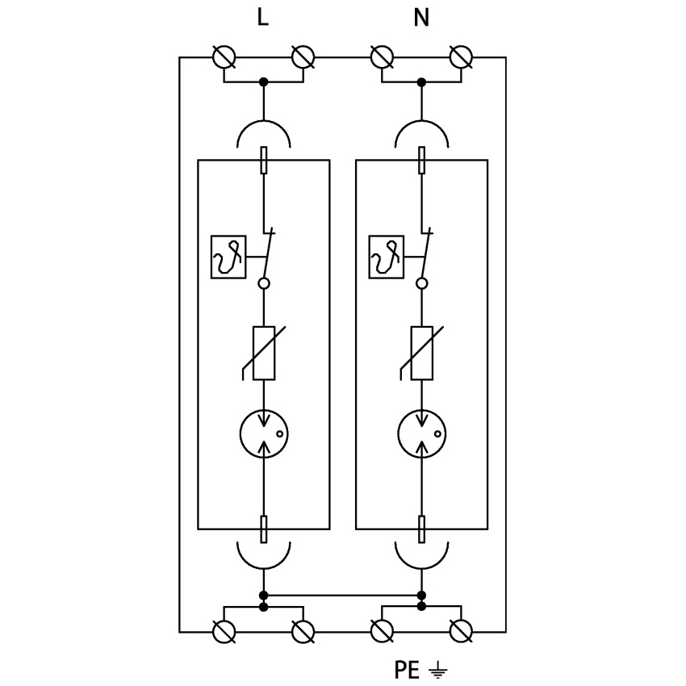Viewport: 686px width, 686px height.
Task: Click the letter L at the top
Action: pyautogui.click(x=262, y=18)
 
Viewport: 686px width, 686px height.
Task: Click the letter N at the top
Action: pyautogui.click(x=420, y=18)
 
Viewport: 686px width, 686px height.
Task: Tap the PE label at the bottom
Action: pyautogui.click(x=408, y=669)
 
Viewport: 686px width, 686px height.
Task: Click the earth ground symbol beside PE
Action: pyautogui.click(x=437, y=669)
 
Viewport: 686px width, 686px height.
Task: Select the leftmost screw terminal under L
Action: pyautogui.click(x=224, y=57)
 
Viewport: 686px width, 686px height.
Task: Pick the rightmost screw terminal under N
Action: pyautogui.click(x=460, y=57)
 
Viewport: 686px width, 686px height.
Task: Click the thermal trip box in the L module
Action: pyautogui.click(x=228, y=257)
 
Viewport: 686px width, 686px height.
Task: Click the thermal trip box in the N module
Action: pyautogui.click(x=387, y=257)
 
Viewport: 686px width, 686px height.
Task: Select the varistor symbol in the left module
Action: pyautogui.click(x=265, y=353)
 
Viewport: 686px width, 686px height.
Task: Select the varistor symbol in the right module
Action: pyautogui.click(x=422, y=353)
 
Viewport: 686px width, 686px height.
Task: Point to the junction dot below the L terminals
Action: pyautogui.click(x=263, y=82)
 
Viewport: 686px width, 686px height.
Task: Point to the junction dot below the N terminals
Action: pyautogui.click(x=421, y=82)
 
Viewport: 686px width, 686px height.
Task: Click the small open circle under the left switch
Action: pyautogui.click(x=263, y=283)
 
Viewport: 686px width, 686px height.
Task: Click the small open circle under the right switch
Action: pyautogui.click(x=421, y=283)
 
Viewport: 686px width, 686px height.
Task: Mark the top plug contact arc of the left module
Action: pyautogui.click(x=263, y=132)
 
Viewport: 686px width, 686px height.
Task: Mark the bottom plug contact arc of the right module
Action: pyautogui.click(x=421, y=555)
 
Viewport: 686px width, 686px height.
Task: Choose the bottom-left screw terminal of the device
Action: pyautogui.click(x=224, y=630)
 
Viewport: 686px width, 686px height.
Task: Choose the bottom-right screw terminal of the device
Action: pyautogui.click(x=460, y=630)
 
